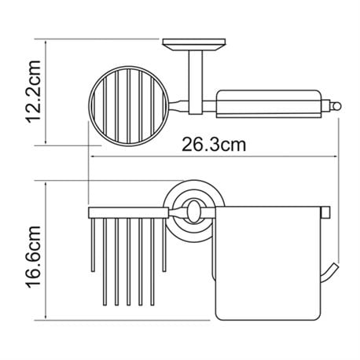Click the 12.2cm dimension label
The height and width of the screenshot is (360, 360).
pyautogui.click(x=33, y=91)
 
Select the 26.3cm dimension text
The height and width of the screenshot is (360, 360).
pyautogui.click(x=214, y=145)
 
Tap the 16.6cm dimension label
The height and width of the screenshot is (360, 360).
pyautogui.click(x=33, y=257)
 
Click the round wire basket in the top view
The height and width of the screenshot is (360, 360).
pyautogui.click(x=127, y=106)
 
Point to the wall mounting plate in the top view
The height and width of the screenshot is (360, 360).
pyautogui.click(x=194, y=45)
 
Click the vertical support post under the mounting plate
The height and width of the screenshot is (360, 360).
pyautogui.click(x=196, y=83)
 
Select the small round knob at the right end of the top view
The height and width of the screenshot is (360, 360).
pyautogui.click(x=336, y=107)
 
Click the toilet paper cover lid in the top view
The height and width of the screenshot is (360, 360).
pyautogui.click(x=270, y=104)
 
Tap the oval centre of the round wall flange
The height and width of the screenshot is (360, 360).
pyautogui.click(x=193, y=212)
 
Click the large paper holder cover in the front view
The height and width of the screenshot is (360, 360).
pyautogui.click(x=266, y=263)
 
